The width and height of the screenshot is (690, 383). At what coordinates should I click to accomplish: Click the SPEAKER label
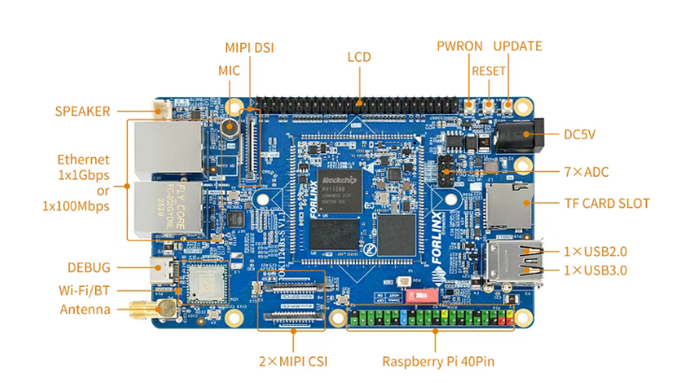(x=82, y=111)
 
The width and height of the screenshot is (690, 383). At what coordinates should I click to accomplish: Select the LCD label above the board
(x=359, y=57)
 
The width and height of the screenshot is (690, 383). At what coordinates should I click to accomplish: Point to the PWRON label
(x=458, y=46)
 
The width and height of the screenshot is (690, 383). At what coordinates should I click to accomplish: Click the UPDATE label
(x=517, y=46)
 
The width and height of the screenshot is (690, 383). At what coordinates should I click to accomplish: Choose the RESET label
(x=488, y=70)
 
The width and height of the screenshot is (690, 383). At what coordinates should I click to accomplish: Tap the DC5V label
(x=579, y=135)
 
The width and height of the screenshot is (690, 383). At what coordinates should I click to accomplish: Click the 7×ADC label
(x=586, y=171)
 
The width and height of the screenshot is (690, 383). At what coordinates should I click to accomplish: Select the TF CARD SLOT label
(x=607, y=203)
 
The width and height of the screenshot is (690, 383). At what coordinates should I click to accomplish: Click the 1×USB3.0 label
(x=595, y=271)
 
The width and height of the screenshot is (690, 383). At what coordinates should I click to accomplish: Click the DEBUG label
(x=89, y=267)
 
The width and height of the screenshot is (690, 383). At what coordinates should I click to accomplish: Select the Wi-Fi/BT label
(x=84, y=289)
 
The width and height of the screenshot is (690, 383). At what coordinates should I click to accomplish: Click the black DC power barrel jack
(x=513, y=137)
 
